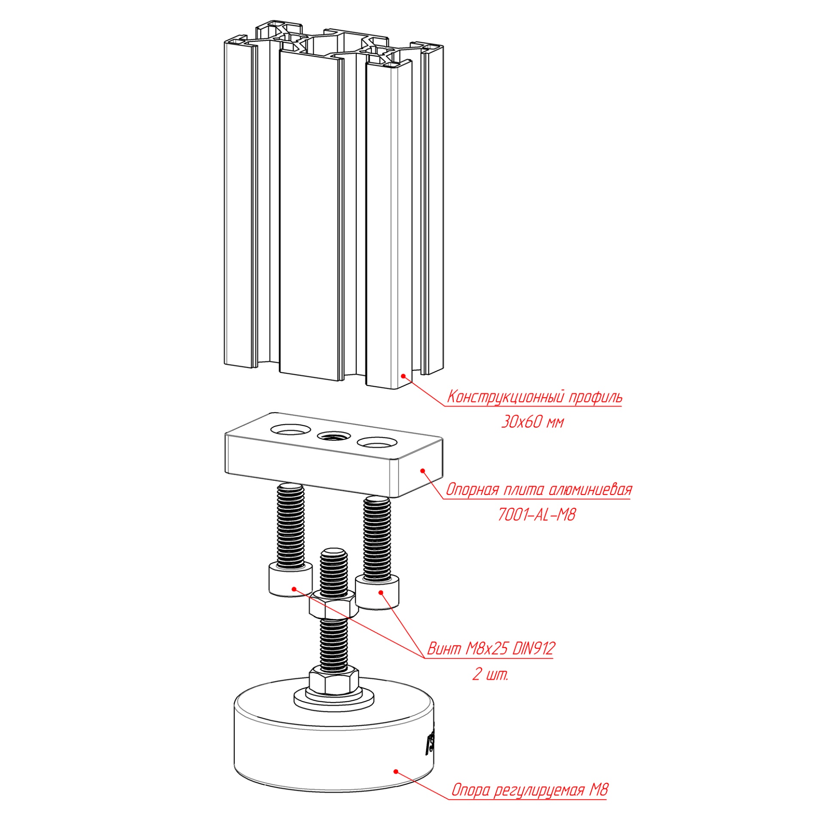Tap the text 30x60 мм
[532, 422]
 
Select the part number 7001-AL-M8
[537, 514]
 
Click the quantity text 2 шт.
[490, 674]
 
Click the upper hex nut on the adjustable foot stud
[333, 604]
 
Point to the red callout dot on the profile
[403, 376]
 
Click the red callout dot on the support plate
[422, 471]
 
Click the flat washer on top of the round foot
[333, 698]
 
